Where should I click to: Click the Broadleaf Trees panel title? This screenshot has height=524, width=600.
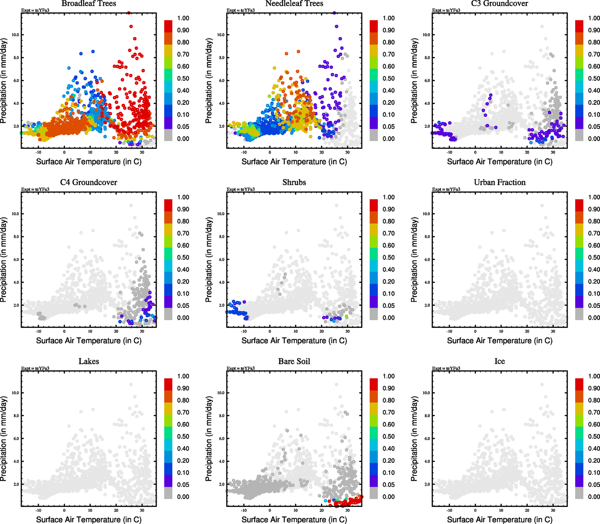(x=89, y=3)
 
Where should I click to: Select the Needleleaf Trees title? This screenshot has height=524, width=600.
(x=294, y=3)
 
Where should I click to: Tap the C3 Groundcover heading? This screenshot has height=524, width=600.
(x=500, y=3)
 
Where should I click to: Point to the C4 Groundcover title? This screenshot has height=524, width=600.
(x=89, y=183)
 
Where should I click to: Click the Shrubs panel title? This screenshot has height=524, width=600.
(x=294, y=183)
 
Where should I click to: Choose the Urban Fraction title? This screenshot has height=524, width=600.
(x=500, y=183)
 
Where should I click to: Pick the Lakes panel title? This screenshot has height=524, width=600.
(x=89, y=362)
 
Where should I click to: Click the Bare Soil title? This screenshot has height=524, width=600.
(x=294, y=362)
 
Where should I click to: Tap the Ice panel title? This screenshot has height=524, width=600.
(x=500, y=362)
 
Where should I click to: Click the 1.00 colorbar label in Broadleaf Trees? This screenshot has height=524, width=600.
(x=183, y=18)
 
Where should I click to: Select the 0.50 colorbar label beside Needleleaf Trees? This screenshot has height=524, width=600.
(x=389, y=79)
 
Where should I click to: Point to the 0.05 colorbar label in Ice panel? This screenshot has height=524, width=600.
(x=594, y=485)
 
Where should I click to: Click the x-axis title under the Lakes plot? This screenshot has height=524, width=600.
(x=89, y=520)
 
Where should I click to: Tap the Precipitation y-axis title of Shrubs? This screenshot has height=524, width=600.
(x=209, y=260)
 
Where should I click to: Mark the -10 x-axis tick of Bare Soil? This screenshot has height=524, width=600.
(x=244, y=510)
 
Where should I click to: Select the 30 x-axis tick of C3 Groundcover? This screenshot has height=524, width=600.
(x=553, y=152)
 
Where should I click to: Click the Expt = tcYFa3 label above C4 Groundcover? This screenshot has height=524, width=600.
(x=35, y=190)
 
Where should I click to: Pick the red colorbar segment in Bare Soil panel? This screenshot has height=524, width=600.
(x=374, y=384)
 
